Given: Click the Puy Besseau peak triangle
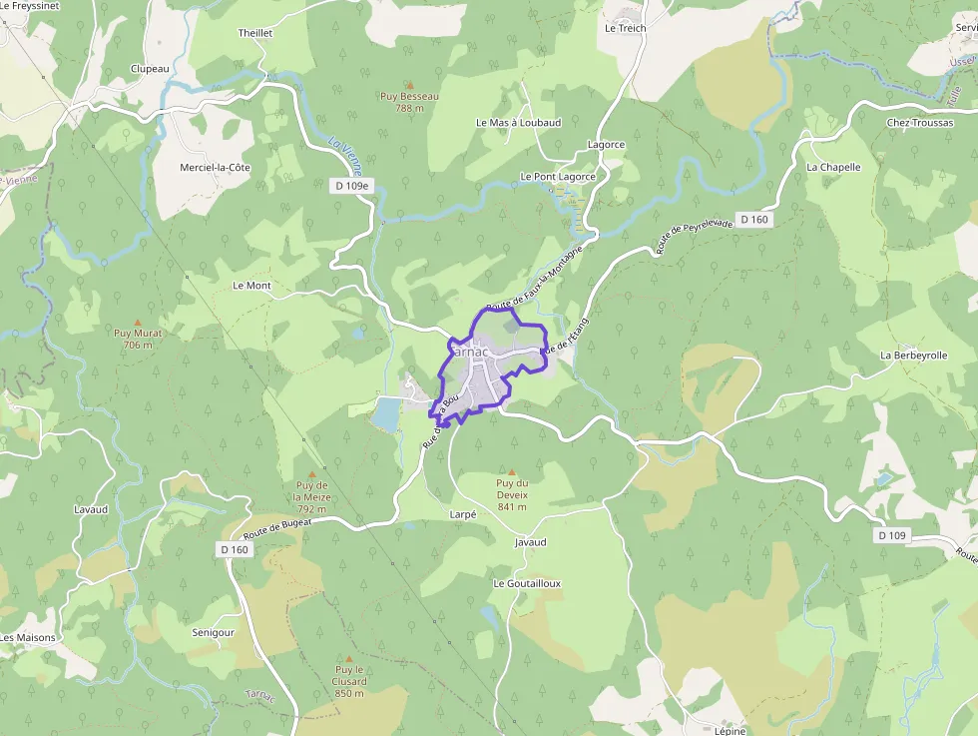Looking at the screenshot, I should point(409,85).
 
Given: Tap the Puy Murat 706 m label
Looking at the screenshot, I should point(138,339).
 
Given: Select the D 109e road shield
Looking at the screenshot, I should point(351,186).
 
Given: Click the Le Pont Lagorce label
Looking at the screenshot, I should point(558,177).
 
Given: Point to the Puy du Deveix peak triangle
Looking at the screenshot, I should point(512,472).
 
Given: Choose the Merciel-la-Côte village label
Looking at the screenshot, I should point(215,168).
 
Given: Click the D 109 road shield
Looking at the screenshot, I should point(893,535).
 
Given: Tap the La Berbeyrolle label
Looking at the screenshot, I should point(913,356).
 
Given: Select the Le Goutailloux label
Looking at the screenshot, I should point(527,583).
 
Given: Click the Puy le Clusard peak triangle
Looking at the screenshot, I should point(349,659).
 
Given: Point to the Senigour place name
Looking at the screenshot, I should point(213,633).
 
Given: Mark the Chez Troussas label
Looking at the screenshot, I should point(919,123).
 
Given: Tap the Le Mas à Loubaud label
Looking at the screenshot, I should point(518,123).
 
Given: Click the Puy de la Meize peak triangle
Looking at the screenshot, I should point(311,473).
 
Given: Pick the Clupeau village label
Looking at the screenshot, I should point(150,69).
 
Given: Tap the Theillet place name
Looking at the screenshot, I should point(255,33).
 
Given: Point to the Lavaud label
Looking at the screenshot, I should point(91,509).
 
